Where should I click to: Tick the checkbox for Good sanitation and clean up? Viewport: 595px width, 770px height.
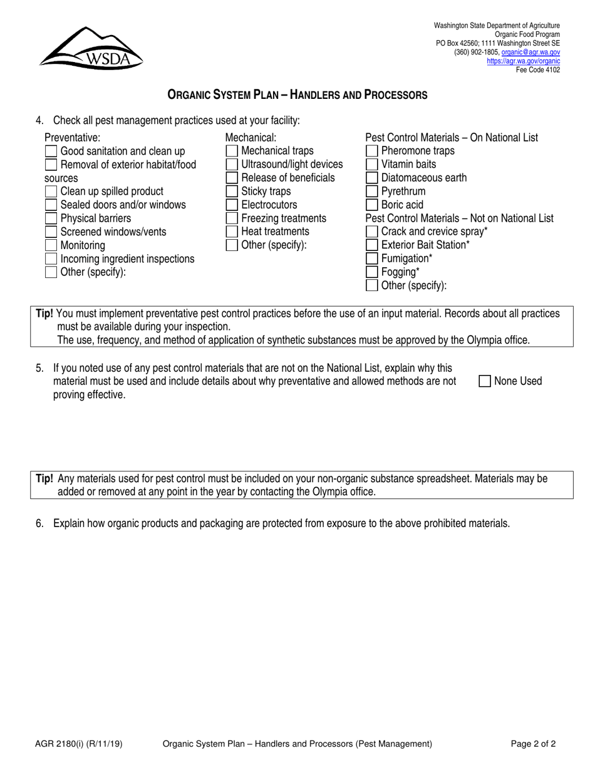(x=51, y=151)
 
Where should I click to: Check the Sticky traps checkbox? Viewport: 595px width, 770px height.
(x=232, y=192)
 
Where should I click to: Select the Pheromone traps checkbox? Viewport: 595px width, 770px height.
(x=371, y=151)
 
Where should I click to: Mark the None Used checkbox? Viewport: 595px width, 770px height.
(x=485, y=381)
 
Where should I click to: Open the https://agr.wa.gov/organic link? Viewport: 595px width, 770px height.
(x=523, y=61)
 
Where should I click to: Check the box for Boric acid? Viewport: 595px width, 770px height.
(x=371, y=205)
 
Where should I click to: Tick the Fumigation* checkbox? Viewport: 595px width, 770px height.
(x=371, y=259)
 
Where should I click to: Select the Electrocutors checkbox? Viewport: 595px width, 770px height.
(x=232, y=205)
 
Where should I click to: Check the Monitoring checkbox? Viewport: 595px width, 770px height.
(x=51, y=245)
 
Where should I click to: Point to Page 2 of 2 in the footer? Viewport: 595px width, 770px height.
(x=533, y=744)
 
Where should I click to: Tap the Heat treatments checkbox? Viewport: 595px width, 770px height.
(x=232, y=232)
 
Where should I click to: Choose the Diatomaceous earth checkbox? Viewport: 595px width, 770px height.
(x=371, y=178)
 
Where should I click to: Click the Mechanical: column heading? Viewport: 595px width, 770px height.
(x=251, y=138)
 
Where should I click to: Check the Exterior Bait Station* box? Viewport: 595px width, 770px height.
(x=371, y=245)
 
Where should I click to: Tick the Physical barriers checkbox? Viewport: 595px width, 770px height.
(x=51, y=218)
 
